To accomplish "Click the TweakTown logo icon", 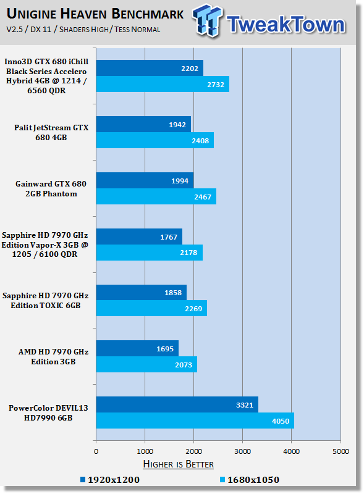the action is (207, 20).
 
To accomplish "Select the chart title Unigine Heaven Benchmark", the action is (95, 14).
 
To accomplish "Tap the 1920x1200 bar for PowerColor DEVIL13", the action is (177, 404).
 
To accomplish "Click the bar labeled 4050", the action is (195, 421).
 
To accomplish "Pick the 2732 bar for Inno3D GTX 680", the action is (163, 84).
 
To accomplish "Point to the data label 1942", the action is (177, 125).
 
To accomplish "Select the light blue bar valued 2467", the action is (156, 196).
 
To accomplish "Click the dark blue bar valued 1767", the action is (139, 237).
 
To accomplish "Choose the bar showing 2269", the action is (152, 308).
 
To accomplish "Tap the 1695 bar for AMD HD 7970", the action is (137, 348).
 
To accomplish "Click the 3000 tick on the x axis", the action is (242, 451).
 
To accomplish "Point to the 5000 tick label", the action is (341, 451).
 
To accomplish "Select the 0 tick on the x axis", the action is (96, 451).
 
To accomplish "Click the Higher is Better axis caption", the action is (178, 464).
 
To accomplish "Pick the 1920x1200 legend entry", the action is (110, 480).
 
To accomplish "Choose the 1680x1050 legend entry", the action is (250, 480).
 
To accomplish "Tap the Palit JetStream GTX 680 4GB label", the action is (51, 133).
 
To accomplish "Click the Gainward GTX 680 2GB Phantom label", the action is (51, 189).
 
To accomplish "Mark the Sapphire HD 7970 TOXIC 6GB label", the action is (45, 301).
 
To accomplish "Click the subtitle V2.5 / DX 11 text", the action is (28, 29).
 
